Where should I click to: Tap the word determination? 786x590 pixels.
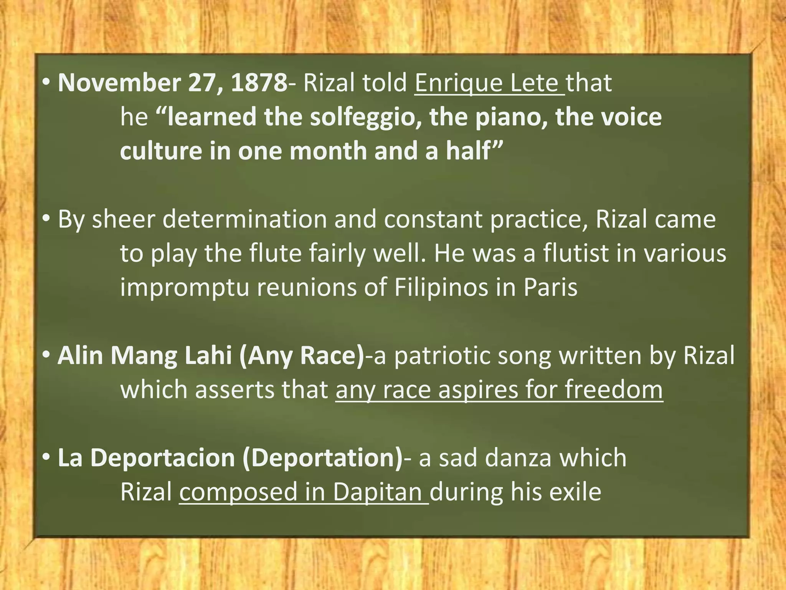(244, 219)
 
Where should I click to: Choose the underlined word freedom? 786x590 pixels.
(614, 389)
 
